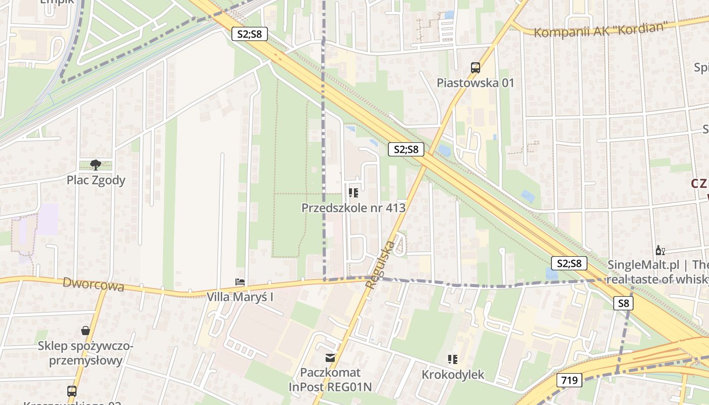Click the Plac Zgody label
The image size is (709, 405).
(x=96, y=180)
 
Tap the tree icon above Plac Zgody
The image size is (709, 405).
(x=95, y=165)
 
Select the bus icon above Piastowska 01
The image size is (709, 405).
(x=476, y=67)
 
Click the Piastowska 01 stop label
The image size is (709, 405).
(x=476, y=83)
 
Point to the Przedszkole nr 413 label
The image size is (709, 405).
(x=353, y=208)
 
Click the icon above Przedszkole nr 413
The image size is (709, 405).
(x=353, y=192)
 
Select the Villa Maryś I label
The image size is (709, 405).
(x=240, y=297)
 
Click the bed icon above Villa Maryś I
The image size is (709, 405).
(x=240, y=282)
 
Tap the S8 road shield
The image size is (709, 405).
(x=623, y=303)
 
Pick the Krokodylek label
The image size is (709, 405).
(x=453, y=375)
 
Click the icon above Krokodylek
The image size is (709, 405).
(x=453, y=359)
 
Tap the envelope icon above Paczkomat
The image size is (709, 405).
(x=330, y=358)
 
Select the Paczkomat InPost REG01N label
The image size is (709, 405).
(x=330, y=380)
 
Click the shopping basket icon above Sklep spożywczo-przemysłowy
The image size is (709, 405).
(x=86, y=331)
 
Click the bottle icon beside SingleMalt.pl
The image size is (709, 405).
(x=660, y=250)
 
